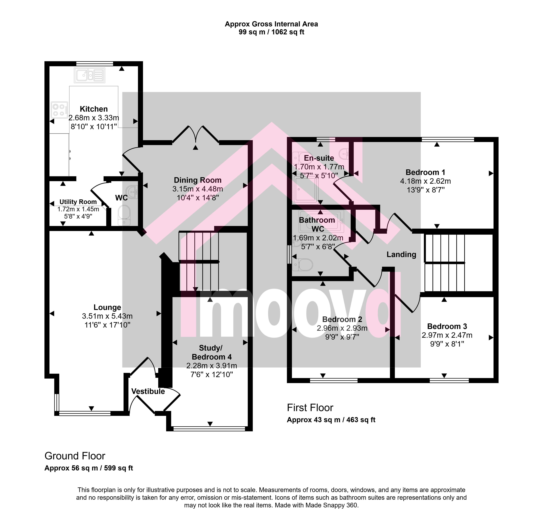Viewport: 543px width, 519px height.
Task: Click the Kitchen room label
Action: pyautogui.click(x=94, y=109)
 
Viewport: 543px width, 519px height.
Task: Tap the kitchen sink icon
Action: pyautogui.click(x=89, y=75)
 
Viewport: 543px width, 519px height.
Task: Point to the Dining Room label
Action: pyautogui.click(x=198, y=180)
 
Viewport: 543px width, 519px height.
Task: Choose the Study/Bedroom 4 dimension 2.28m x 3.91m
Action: pyautogui.click(x=212, y=366)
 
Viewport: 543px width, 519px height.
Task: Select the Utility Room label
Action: pyautogui.click(x=78, y=202)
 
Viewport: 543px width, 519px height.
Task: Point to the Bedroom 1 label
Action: pyautogui.click(x=425, y=172)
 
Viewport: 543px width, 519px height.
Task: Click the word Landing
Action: pyautogui.click(x=401, y=255)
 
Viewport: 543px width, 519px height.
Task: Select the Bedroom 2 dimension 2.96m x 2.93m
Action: pyautogui.click(x=342, y=328)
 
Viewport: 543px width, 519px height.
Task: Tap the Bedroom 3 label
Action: pyautogui.click(x=447, y=326)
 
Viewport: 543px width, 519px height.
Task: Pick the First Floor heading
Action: pyautogui.click(x=310, y=408)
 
